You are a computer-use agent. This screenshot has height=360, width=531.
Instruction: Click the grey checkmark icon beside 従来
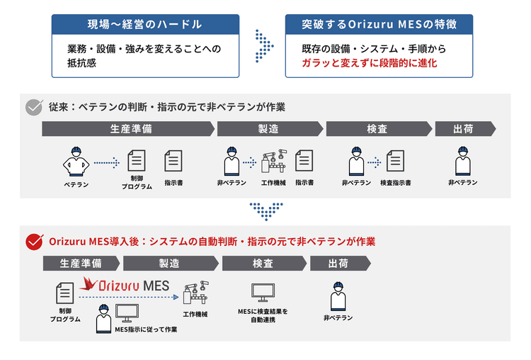pos(34,107)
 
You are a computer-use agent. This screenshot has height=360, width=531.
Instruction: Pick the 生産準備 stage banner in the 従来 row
pos(127,129)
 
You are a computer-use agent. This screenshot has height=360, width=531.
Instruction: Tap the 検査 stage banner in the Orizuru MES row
pos(263,263)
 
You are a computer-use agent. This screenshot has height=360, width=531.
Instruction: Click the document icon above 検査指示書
pos(396,161)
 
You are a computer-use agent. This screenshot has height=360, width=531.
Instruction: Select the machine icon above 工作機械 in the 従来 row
pos(273,162)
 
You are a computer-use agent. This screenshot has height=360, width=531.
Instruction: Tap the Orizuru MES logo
pos(124,286)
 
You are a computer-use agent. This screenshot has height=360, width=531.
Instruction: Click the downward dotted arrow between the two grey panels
pos(266,210)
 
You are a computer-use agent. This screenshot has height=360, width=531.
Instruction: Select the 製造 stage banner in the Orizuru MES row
pos(170,263)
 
